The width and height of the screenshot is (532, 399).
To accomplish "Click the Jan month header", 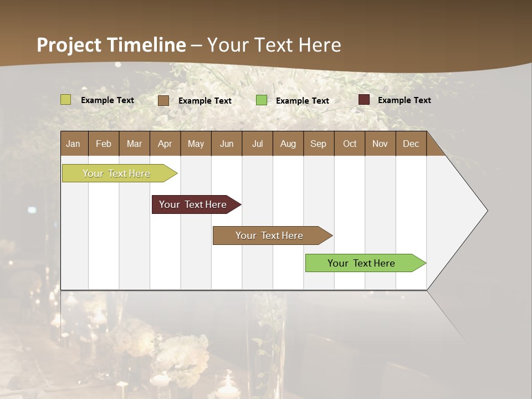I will coord(73,144).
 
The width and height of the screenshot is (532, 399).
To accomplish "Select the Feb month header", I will coord(104,144).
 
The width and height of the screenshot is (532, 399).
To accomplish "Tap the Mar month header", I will coord(134,144).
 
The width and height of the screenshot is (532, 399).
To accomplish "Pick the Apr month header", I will coord(165,144).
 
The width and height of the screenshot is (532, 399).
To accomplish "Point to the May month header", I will coord(196,144).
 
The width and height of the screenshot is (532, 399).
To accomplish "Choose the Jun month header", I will coord(227,144).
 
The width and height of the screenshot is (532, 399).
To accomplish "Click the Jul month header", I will coord(257,144).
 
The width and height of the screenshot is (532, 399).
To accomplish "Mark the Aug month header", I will coord(288,144).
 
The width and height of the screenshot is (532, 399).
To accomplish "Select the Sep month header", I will coord(318,144).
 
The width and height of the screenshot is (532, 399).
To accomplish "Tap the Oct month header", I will coord(350,144).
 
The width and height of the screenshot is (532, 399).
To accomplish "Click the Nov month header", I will coord(380,144).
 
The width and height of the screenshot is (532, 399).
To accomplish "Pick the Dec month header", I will coord(411,144).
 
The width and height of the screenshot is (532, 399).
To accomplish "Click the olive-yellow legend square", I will coord(66,100).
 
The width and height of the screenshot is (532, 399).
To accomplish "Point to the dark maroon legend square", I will coord(364,100).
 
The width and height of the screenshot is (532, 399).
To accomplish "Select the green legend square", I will coord(262,100).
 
